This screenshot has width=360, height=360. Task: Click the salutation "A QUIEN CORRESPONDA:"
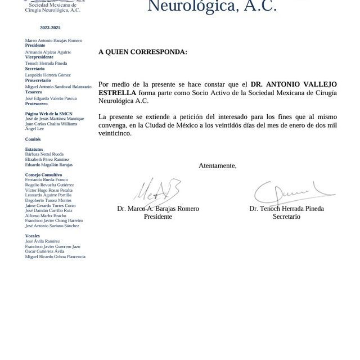142,52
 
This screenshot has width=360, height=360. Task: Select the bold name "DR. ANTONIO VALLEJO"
294,83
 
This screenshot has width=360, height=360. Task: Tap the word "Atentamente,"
217,165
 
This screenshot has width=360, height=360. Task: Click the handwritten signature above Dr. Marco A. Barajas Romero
156,190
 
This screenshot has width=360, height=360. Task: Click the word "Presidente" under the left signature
158,216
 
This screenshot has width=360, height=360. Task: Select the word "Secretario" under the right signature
286,216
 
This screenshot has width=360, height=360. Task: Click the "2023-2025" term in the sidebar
50,28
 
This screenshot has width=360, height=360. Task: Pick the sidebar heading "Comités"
33,138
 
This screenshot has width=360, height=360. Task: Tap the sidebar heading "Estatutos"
34,149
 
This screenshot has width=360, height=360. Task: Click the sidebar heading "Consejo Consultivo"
44,175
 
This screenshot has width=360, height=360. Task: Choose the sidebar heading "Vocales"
33,236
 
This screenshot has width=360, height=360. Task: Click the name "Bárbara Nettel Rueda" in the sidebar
44,154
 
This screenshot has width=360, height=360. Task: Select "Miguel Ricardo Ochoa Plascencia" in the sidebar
55,256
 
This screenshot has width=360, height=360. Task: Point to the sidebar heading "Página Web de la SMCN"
48,114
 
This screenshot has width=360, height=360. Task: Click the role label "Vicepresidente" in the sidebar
39,57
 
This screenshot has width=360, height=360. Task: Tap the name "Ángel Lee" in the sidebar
34,129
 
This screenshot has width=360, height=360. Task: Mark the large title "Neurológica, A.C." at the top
211,6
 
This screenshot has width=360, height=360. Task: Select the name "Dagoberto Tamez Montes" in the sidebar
48,200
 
